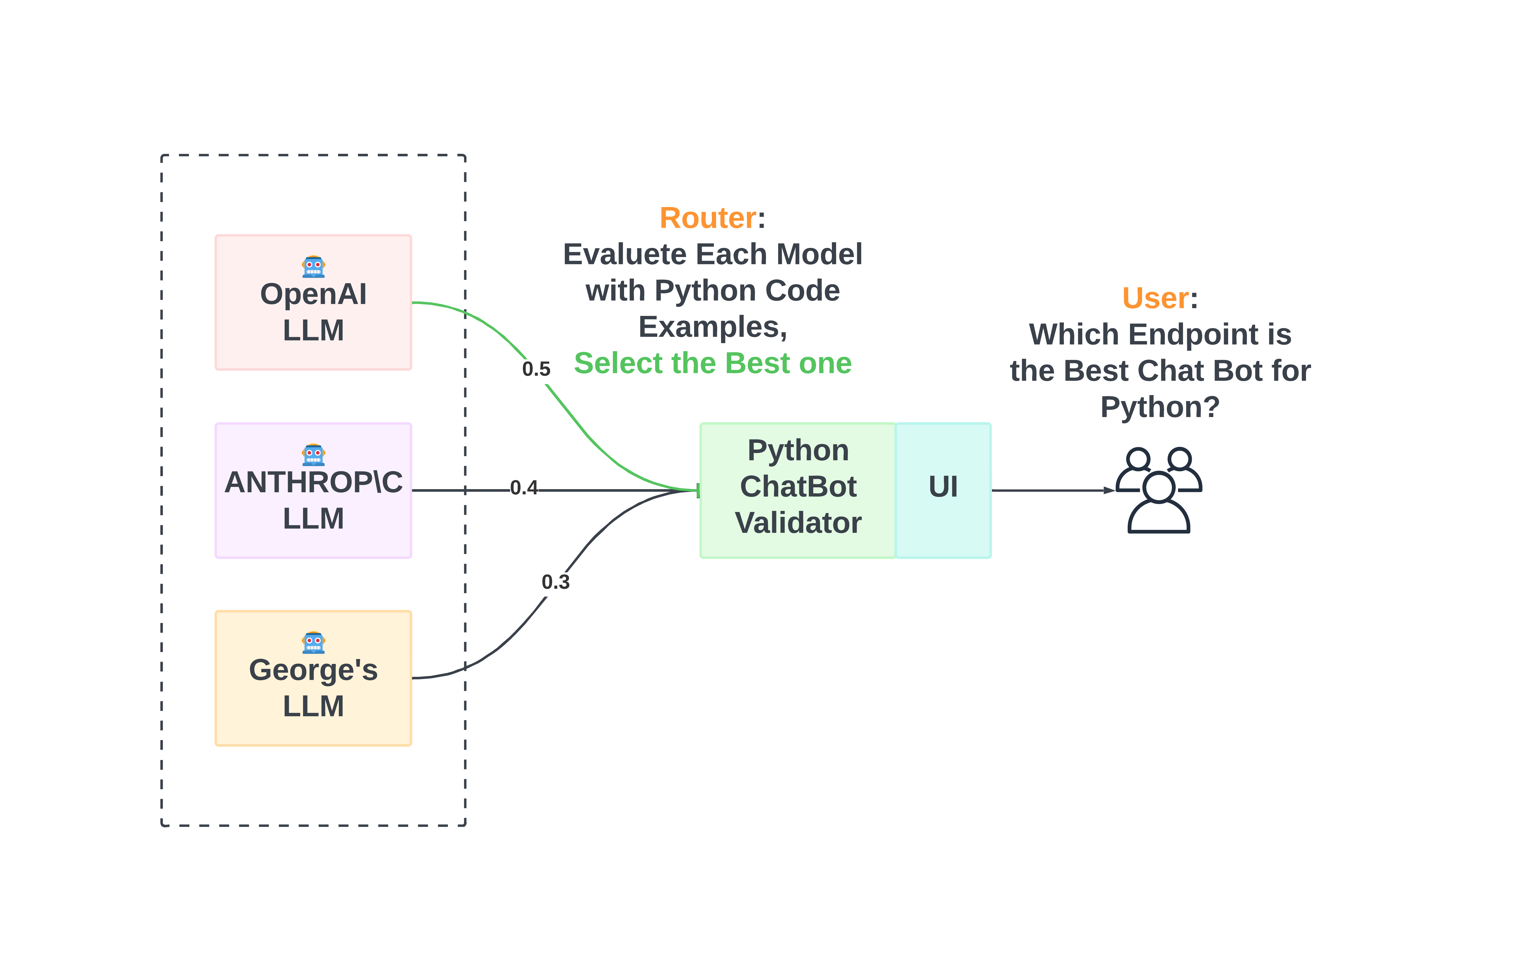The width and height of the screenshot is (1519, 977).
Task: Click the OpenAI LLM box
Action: coord(313,303)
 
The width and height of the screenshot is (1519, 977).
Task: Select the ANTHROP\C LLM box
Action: coord(313,490)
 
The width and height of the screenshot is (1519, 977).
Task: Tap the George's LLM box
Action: coord(313,678)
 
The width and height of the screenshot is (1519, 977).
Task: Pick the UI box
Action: coord(943,490)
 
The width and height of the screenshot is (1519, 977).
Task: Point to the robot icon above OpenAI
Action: coord(313,266)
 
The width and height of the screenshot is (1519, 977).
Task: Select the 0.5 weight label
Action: coord(536,369)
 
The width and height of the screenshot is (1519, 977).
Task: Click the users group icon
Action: coord(1159,490)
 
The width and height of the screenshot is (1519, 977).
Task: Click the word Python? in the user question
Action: coord(1160,407)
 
